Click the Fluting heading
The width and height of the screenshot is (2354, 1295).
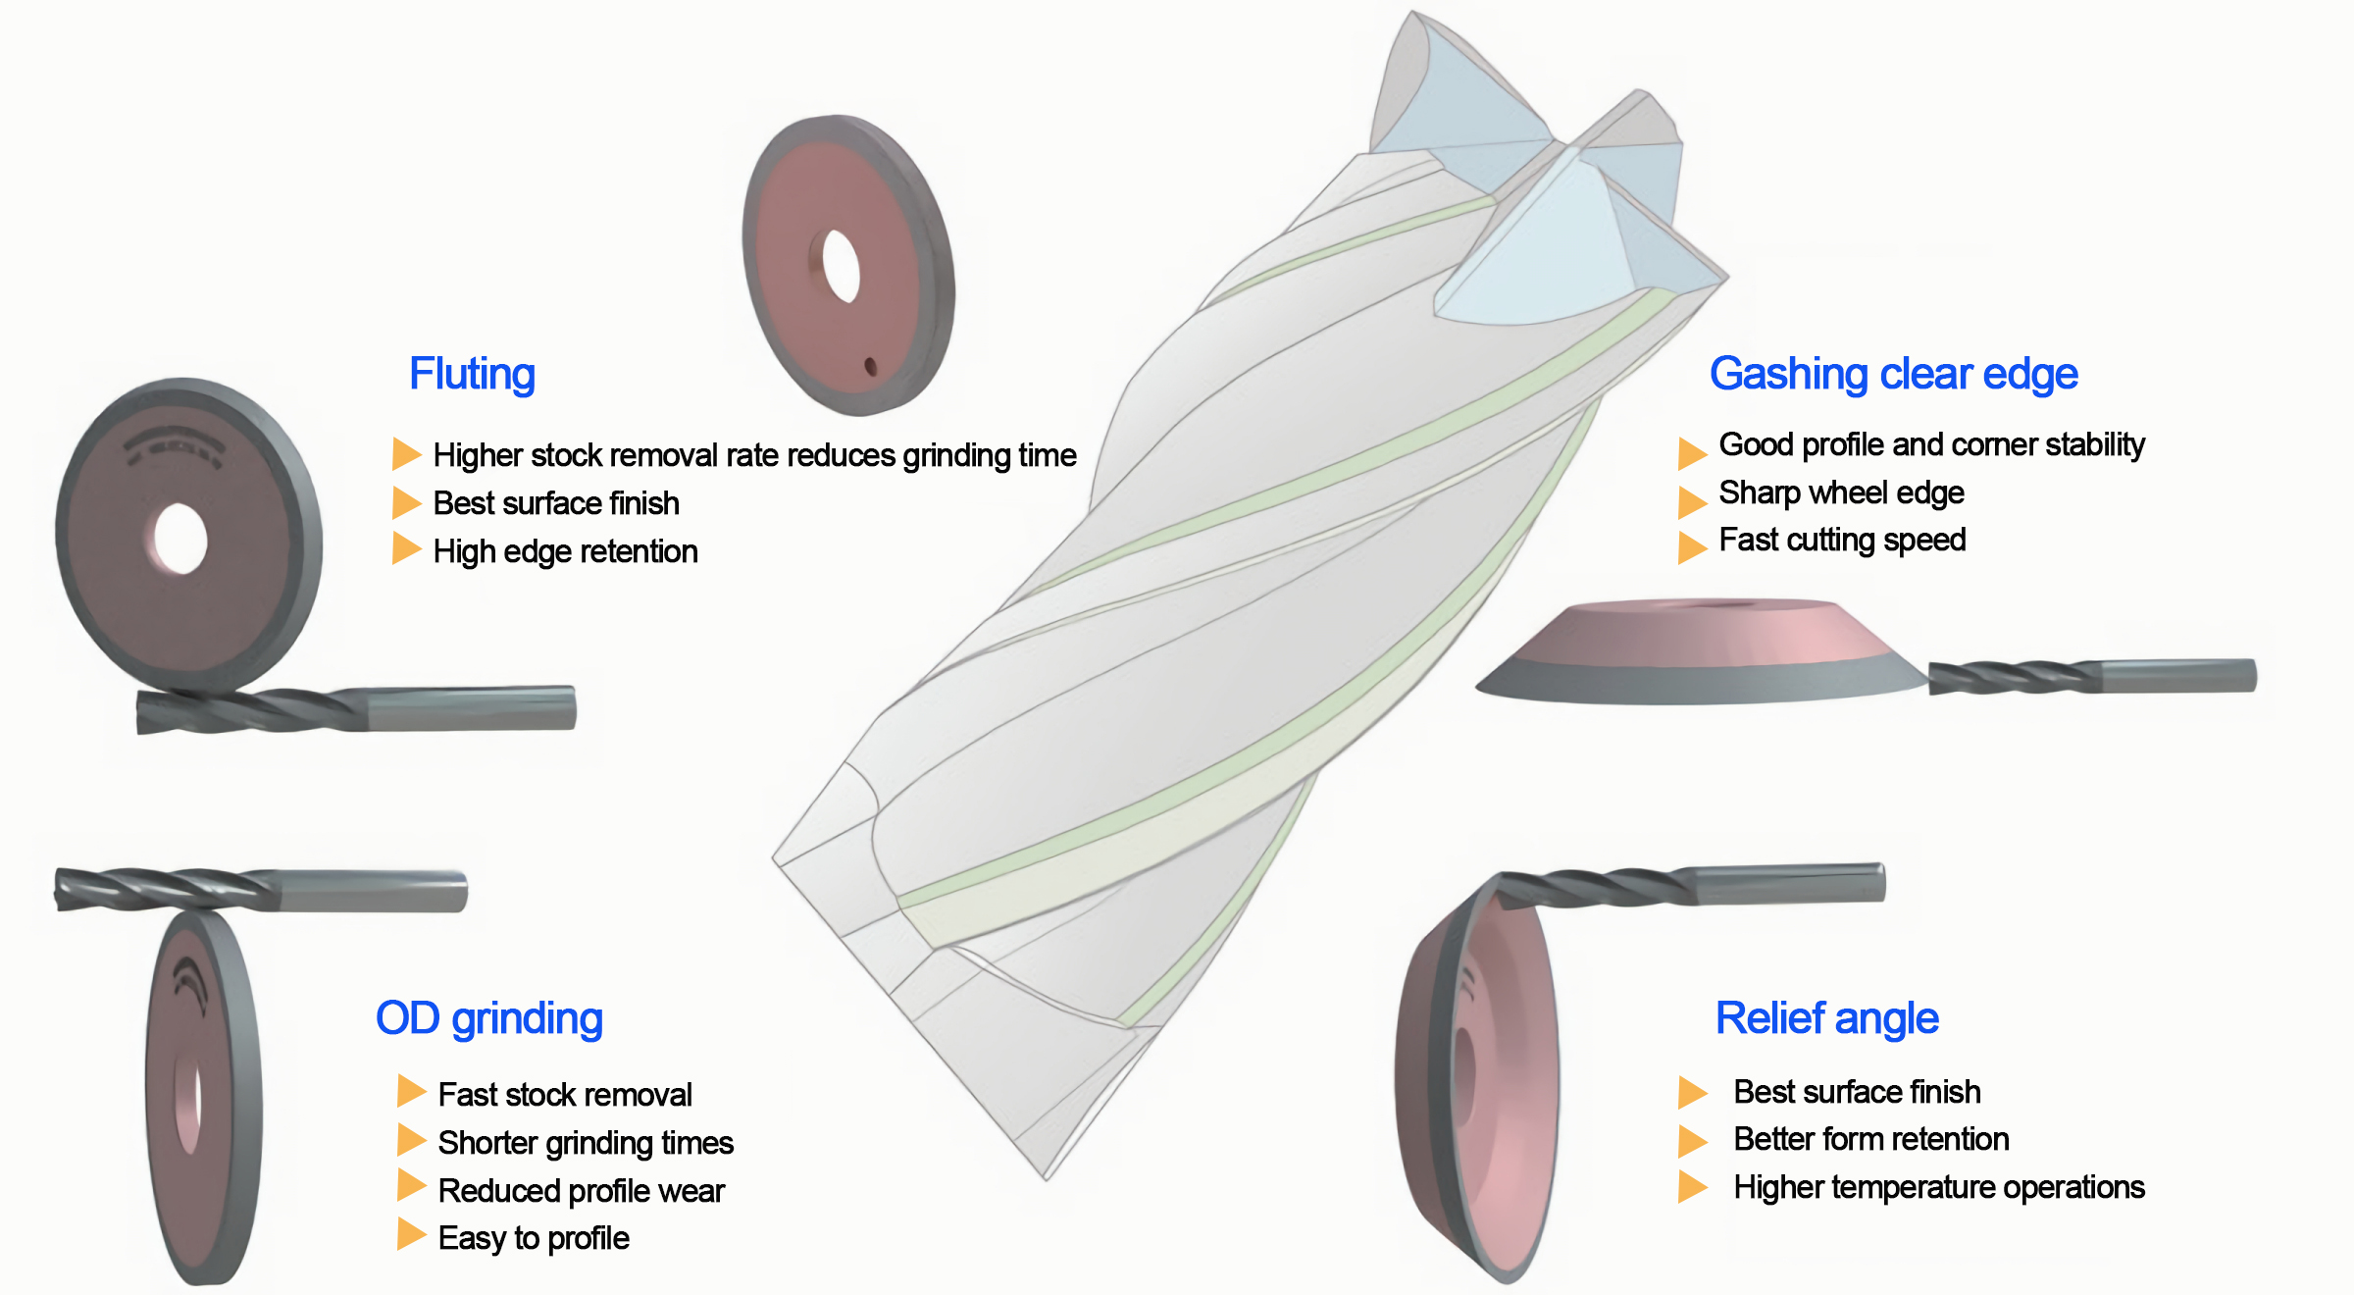(472, 374)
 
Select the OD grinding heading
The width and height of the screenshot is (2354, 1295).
(488, 1018)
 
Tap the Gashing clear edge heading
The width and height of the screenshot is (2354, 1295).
(1893, 374)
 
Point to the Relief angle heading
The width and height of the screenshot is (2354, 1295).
(1826, 1018)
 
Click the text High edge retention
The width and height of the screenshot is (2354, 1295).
(565, 551)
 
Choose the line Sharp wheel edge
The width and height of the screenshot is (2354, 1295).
(1841, 492)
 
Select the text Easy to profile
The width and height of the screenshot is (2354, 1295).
(534, 1238)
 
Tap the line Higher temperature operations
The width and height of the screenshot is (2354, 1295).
(1938, 1187)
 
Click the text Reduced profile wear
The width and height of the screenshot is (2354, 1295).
(581, 1191)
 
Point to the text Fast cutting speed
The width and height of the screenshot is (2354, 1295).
(1842, 540)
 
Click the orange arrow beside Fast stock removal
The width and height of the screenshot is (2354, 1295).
(411, 1091)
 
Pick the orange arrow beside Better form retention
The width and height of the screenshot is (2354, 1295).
(1692, 1140)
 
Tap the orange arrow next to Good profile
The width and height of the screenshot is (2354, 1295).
(1692, 452)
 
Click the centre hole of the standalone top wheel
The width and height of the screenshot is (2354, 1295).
(841, 266)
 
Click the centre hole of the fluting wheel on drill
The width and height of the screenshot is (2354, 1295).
(180, 539)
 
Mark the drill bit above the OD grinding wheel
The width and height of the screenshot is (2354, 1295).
(260, 890)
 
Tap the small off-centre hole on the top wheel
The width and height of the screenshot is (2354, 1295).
(870, 367)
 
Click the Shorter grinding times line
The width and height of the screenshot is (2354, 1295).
(586, 1143)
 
